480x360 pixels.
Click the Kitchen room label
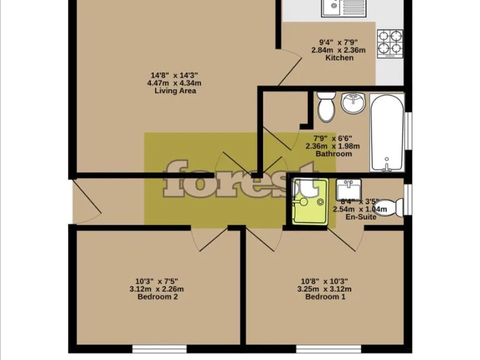pyautogui.click(x=339, y=58)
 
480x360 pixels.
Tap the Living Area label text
pyautogui.click(x=175, y=91)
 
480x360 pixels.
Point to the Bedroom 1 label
pyautogui.click(x=325, y=297)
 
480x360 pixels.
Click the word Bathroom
pyautogui.click(x=333, y=154)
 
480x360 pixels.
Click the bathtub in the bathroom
pyautogui.click(x=387, y=132)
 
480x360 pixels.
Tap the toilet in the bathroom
pyautogui.click(x=326, y=107)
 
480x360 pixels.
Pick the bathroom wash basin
pyautogui.click(x=354, y=103)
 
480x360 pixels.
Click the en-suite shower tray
pyautogui.click(x=307, y=202)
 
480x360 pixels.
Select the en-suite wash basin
pyautogui.click(x=347, y=188)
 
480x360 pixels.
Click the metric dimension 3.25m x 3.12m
pyautogui.click(x=325, y=289)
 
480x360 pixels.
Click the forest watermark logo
pyautogui.click(x=240, y=179)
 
